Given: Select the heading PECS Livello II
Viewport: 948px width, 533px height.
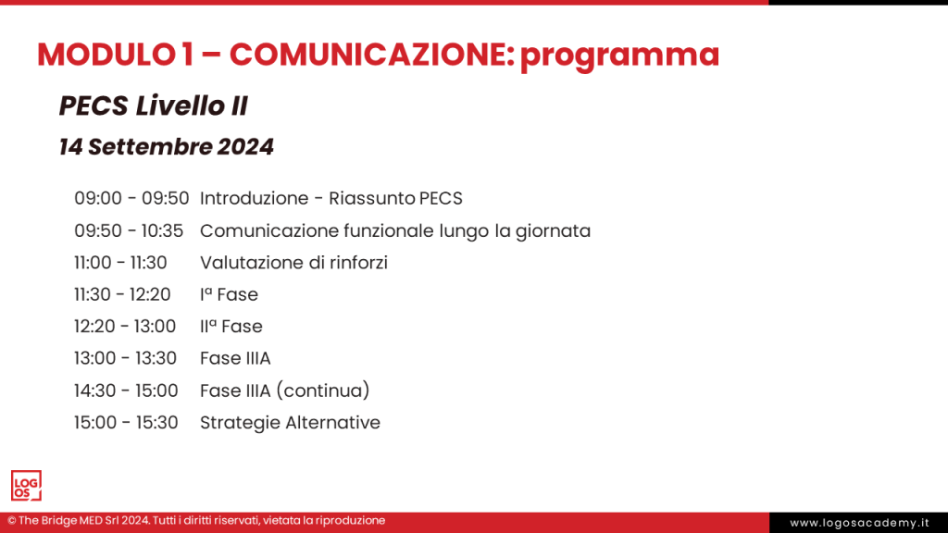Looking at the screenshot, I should point(153,106).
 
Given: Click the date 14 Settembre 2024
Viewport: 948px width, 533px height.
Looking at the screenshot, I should point(166,146).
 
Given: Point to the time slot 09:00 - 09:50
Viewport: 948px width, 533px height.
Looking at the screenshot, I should point(131,198).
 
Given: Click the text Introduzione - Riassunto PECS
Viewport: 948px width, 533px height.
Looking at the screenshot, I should point(331,198).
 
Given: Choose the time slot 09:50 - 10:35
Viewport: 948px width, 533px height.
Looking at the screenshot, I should point(129,230).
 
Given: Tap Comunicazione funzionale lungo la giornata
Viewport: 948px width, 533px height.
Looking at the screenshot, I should point(394,230).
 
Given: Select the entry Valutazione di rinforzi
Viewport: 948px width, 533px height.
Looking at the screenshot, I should point(293,263).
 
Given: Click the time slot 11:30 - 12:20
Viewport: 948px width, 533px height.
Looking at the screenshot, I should point(122,294).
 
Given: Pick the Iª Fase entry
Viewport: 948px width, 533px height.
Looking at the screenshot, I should point(229,294).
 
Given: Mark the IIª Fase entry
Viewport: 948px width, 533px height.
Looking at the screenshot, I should point(231,327).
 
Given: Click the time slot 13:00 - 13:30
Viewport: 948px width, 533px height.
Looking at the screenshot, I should point(125,358).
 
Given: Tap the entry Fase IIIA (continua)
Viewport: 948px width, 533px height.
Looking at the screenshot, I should point(284,390).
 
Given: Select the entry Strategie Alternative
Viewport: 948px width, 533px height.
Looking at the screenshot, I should point(290,423).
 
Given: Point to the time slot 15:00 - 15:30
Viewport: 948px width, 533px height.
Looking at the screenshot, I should point(126,423).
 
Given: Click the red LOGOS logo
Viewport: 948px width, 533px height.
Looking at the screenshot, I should point(26,486).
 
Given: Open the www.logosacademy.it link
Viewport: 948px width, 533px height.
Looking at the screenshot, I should point(859,523).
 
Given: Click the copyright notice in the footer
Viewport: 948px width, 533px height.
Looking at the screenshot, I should point(196,521).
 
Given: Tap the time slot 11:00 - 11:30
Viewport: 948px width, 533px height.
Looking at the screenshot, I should point(120,263).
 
